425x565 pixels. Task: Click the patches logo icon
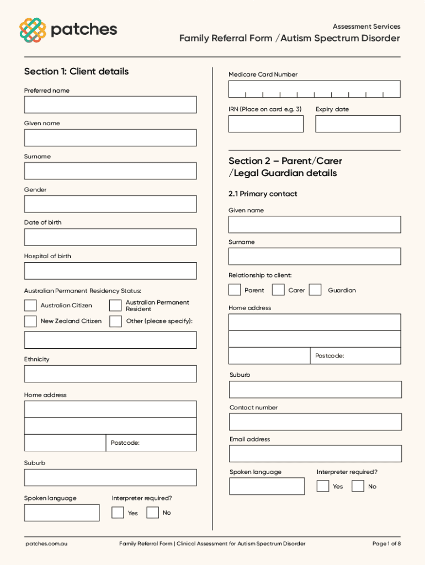click(33, 30)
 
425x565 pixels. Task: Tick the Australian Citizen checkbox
click(30, 305)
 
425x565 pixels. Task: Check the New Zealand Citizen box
click(30, 321)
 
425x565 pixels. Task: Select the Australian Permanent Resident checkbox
click(115, 305)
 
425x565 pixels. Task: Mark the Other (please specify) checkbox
click(115, 321)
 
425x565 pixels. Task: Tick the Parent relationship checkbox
click(235, 290)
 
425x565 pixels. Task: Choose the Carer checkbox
click(279, 290)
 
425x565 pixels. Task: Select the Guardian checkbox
click(315, 290)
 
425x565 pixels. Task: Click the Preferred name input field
click(110, 104)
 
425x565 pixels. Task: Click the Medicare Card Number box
click(314, 89)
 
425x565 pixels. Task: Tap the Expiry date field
click(358, 124)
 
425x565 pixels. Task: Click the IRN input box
click(265, 124)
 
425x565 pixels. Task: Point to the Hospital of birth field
click(110, 270)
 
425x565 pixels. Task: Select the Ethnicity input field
click(110, 374)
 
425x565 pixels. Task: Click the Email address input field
click(315, 454)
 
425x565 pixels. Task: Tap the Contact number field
click(315, 422)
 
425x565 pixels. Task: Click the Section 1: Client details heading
click(76, 71)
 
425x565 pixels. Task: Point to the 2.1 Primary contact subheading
click(263, 194)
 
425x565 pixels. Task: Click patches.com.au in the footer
click(46, 543)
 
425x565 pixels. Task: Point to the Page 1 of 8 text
click(386, 543)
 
